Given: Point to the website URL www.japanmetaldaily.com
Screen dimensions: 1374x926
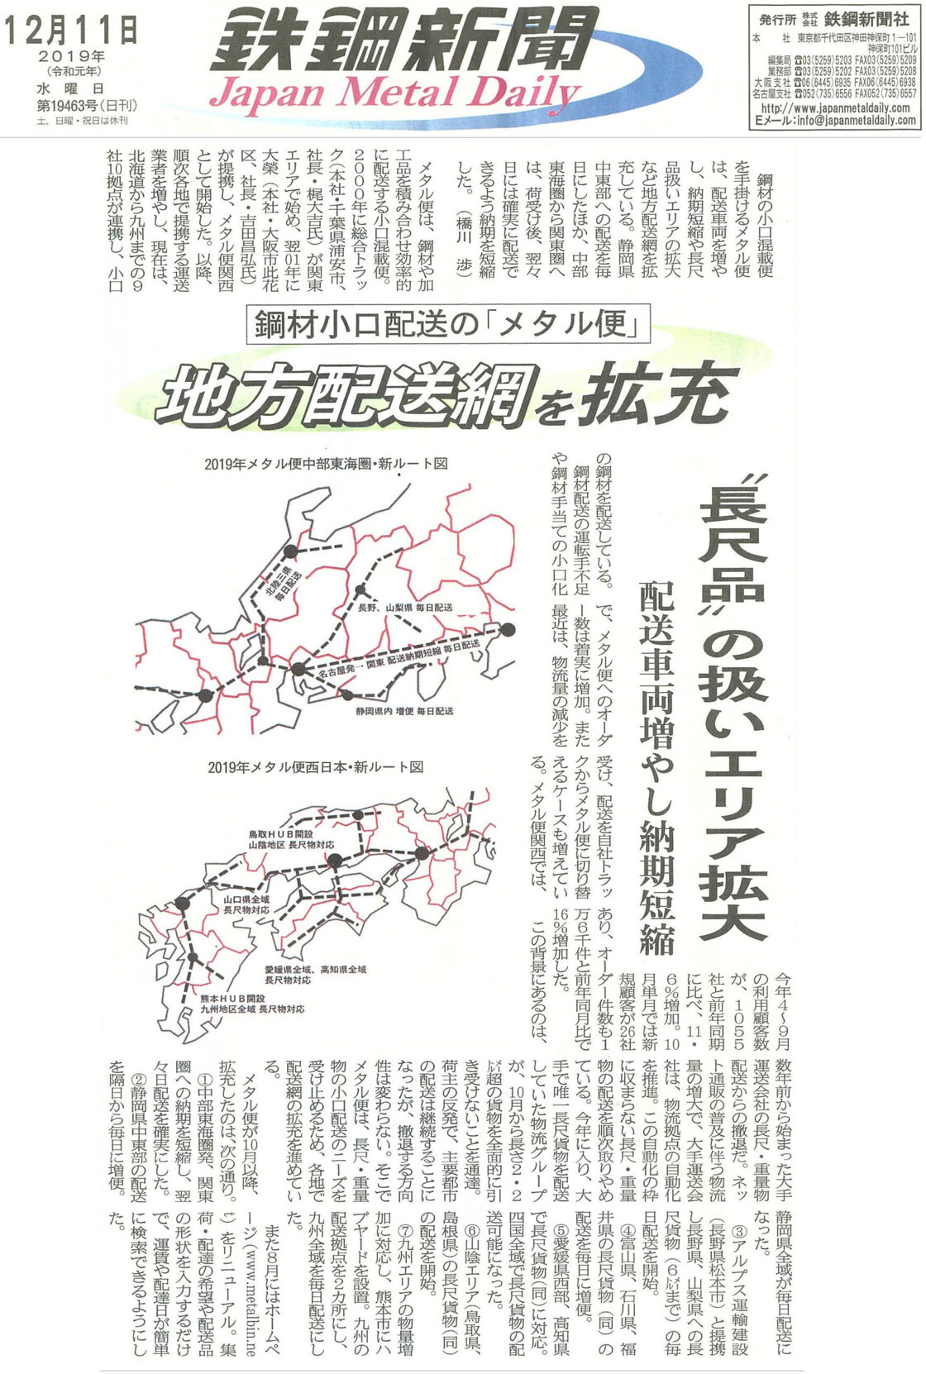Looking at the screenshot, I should click(x=838, y=108).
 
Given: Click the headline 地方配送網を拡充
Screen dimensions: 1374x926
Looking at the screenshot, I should click(x=446, y=392).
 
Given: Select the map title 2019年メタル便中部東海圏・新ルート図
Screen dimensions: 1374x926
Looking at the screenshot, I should click(x=326, y=464).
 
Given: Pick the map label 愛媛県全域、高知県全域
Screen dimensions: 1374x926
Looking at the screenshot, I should click(x=315, y=968).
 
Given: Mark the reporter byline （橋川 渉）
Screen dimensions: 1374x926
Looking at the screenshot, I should click(x=465, y=247).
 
